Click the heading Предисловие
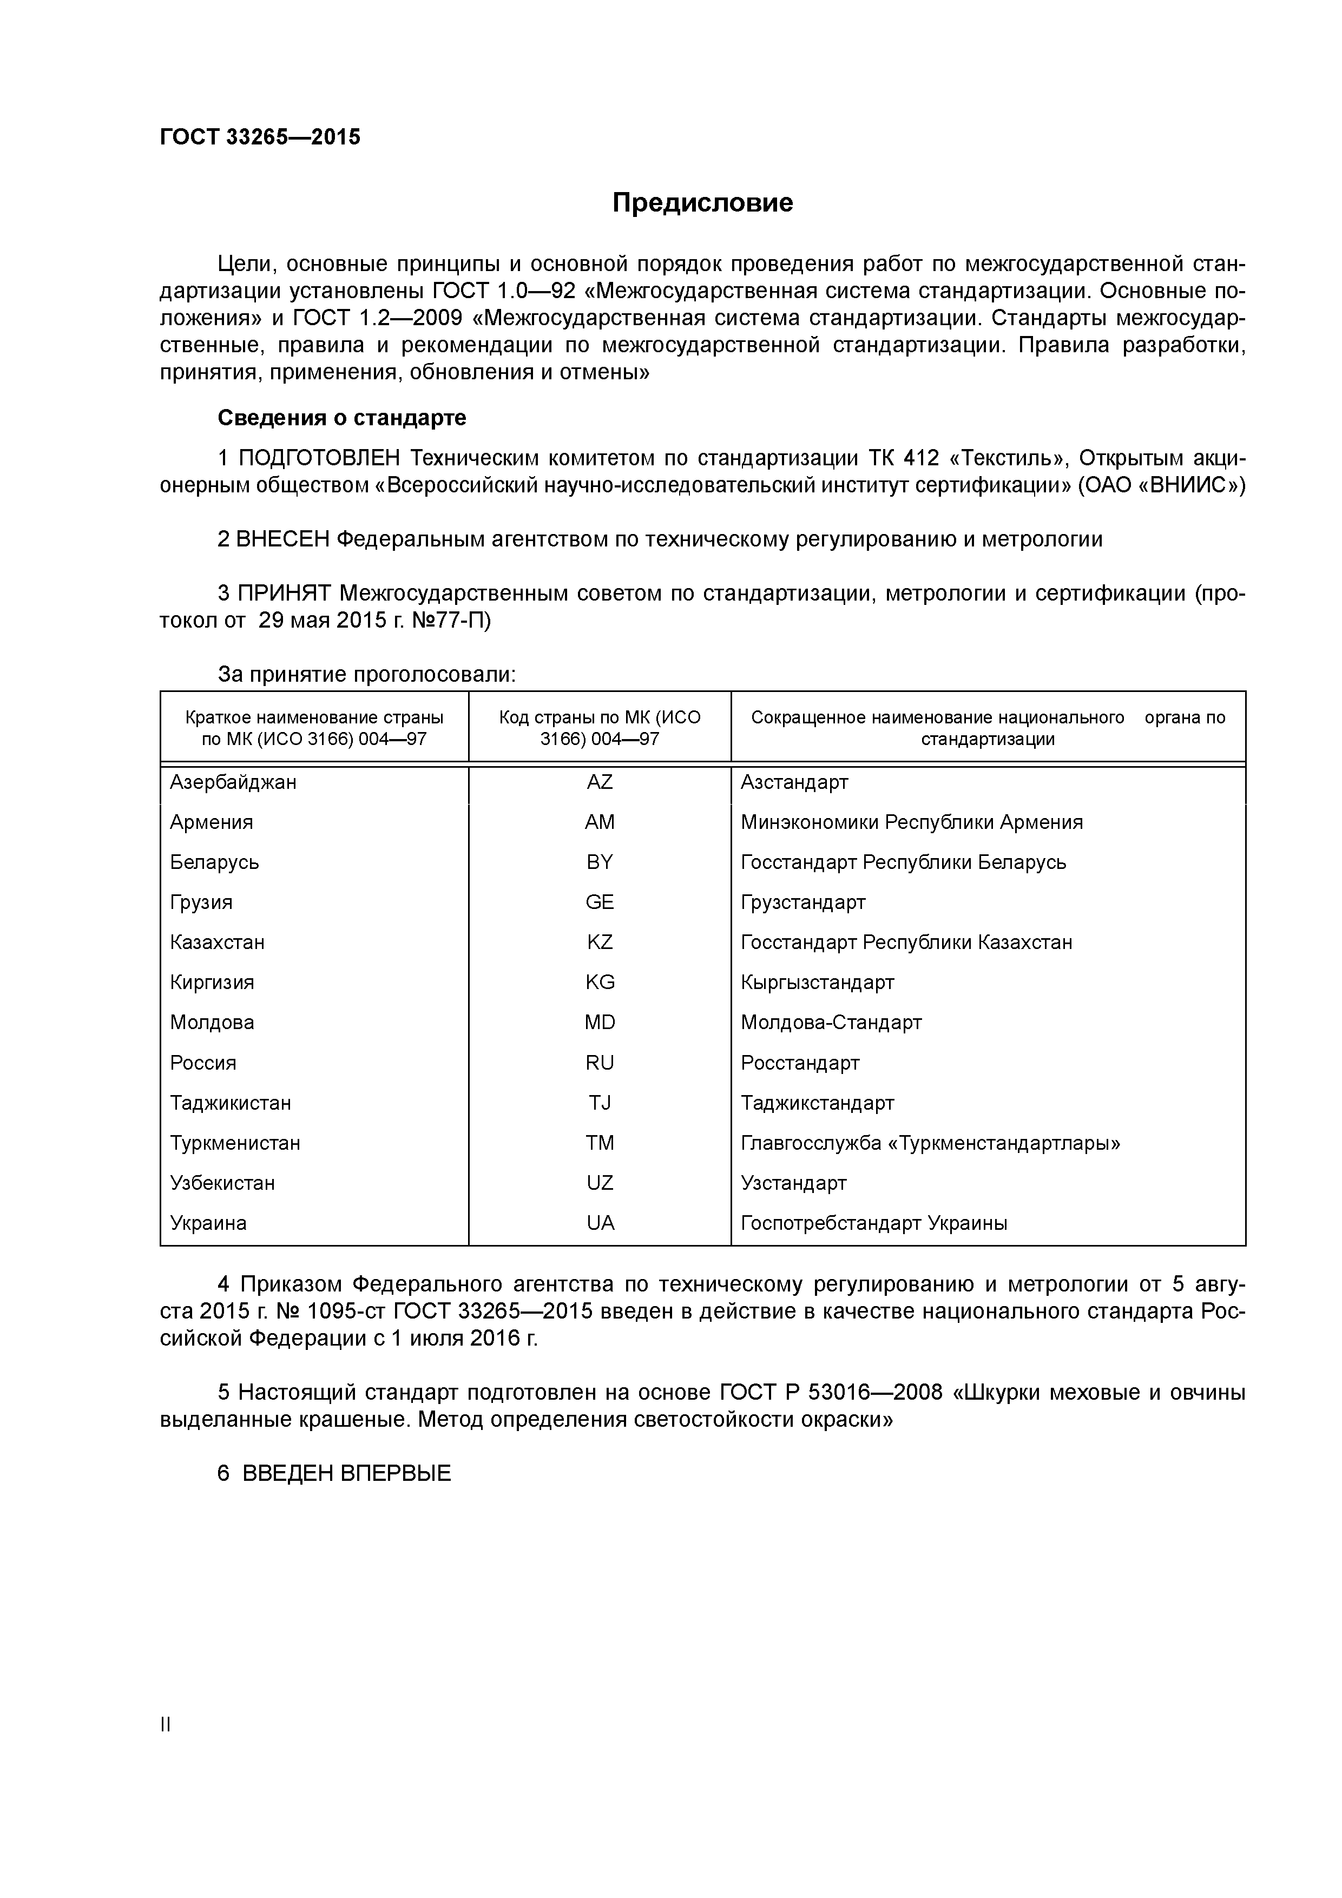(702, 202)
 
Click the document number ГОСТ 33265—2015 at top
(260, 137)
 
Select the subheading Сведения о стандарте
(341, 418)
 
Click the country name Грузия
(201, 902)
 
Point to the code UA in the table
(600, 1223)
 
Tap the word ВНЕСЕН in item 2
(282, 540)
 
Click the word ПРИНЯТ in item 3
(284, 594)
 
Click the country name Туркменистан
(235, 1143)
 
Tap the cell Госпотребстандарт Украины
(873, 1223)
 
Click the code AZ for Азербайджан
(600, 782)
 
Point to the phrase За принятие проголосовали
(366, 675)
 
